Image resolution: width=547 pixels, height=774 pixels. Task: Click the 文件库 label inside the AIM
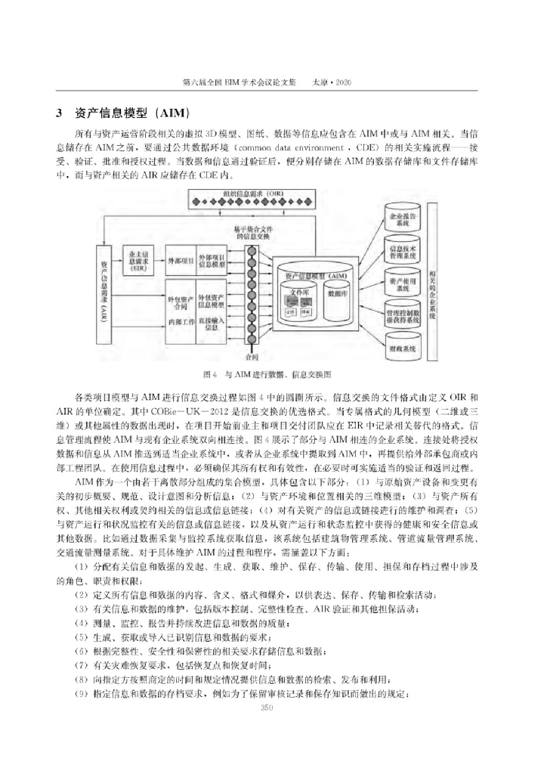(x=300, y=290)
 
